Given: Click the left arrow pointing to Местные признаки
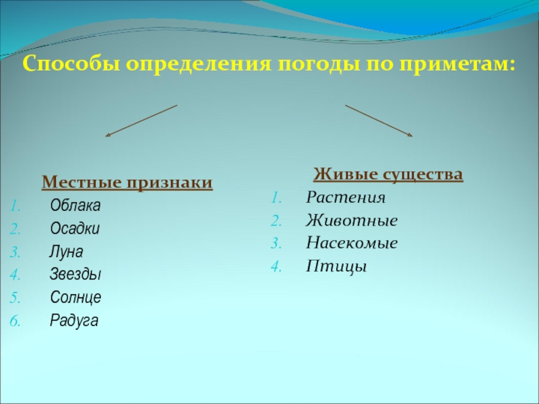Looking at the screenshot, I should pos(141,121).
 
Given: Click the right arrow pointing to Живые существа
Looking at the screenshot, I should pos(379,121).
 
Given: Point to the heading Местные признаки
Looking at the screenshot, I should pos(127,182).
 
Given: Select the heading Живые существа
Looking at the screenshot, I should pos(388,175).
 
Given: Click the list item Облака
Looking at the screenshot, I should pos(75,205).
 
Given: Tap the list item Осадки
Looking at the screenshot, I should pos(75,228).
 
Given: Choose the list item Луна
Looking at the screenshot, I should pos(66,252).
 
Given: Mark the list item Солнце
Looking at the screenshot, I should pos(76,298).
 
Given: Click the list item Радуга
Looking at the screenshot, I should pos(74,321).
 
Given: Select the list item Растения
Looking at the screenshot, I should pos(346,198).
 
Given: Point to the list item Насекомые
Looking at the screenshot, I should pos(352,244).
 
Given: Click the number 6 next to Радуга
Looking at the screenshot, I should pos(15,321).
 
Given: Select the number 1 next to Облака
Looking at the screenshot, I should pos(15,205).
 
